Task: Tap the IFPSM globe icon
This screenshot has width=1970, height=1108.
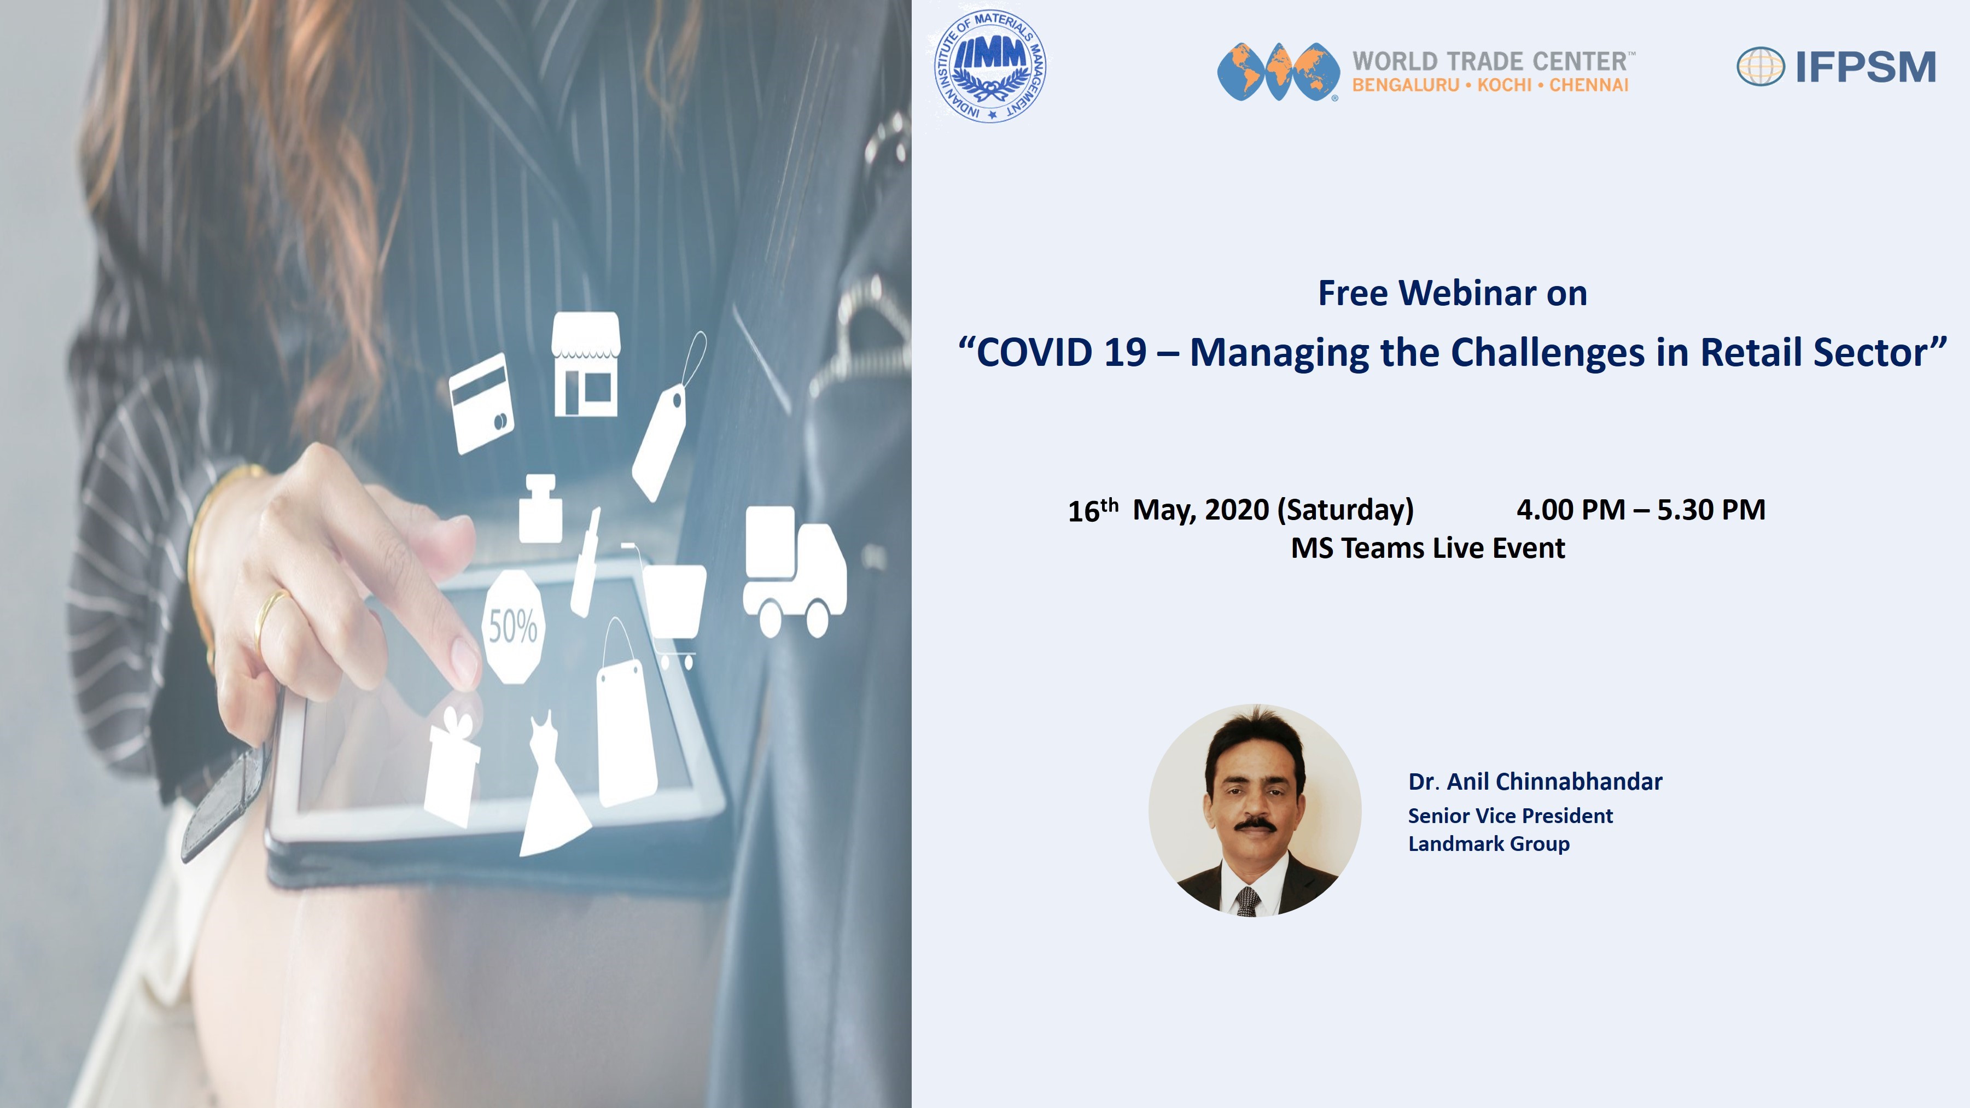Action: tap(1761, 67)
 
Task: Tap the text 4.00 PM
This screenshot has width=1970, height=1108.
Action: tap(1571, 509)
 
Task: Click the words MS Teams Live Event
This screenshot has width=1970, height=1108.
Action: tap(1428, 549)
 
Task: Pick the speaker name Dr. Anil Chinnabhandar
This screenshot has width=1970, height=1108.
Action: tap(1535, 782)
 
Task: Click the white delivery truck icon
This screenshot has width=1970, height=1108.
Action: tap(795, 571)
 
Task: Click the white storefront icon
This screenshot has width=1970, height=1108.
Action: tap(586, 364)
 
